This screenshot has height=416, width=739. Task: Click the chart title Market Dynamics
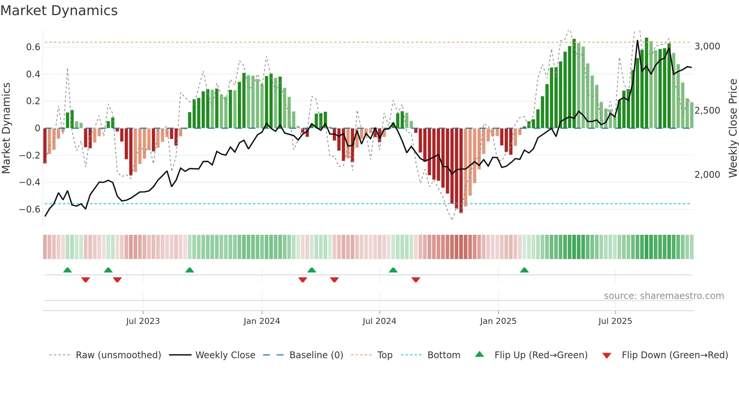click(x=59, y=11)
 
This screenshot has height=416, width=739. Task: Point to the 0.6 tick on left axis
click(x=33, y=47)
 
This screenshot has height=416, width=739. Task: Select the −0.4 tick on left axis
click(x=30, y=182)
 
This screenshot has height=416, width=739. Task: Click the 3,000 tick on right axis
click(x=707, y=46)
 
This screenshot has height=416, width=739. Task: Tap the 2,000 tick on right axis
click(x=707, y=175)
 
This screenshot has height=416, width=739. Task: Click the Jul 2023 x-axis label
click(x=143, y=321)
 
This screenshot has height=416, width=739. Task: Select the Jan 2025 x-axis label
click(x=498, y=321)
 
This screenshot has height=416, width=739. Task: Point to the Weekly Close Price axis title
click(x=733, y=128)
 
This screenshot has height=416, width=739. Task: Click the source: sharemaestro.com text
click(x=664, y=296)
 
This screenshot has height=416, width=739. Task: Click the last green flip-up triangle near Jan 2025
click(x=524, y=270)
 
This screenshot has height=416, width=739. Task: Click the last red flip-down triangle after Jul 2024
click(x=416, y=280)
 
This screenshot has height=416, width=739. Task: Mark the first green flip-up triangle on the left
click(x=67, y=270)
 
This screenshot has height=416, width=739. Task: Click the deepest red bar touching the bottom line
click(x=461, y=170)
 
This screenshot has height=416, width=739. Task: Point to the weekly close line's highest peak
click(x=638, y=41)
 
